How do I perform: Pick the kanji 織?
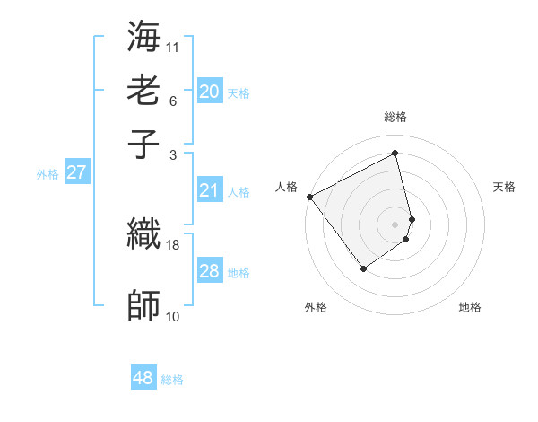pos(144,234)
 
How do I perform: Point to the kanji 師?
pos(144,306)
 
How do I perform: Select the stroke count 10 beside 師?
pos(173,316)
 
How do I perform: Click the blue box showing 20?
pos(210,92)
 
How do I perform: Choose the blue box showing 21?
pos(210,190)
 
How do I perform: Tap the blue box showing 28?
pos(210,271)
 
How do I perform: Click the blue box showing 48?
pos(143,378)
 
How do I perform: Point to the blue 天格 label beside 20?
pos(239,93)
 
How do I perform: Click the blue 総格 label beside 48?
pos(172,380)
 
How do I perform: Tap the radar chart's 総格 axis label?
pos(395,118)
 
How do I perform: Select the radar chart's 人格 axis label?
pos(286,187)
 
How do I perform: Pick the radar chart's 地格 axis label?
pos(470,307)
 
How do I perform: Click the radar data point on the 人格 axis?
pos(309,197)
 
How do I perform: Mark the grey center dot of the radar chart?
pos(395,224)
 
